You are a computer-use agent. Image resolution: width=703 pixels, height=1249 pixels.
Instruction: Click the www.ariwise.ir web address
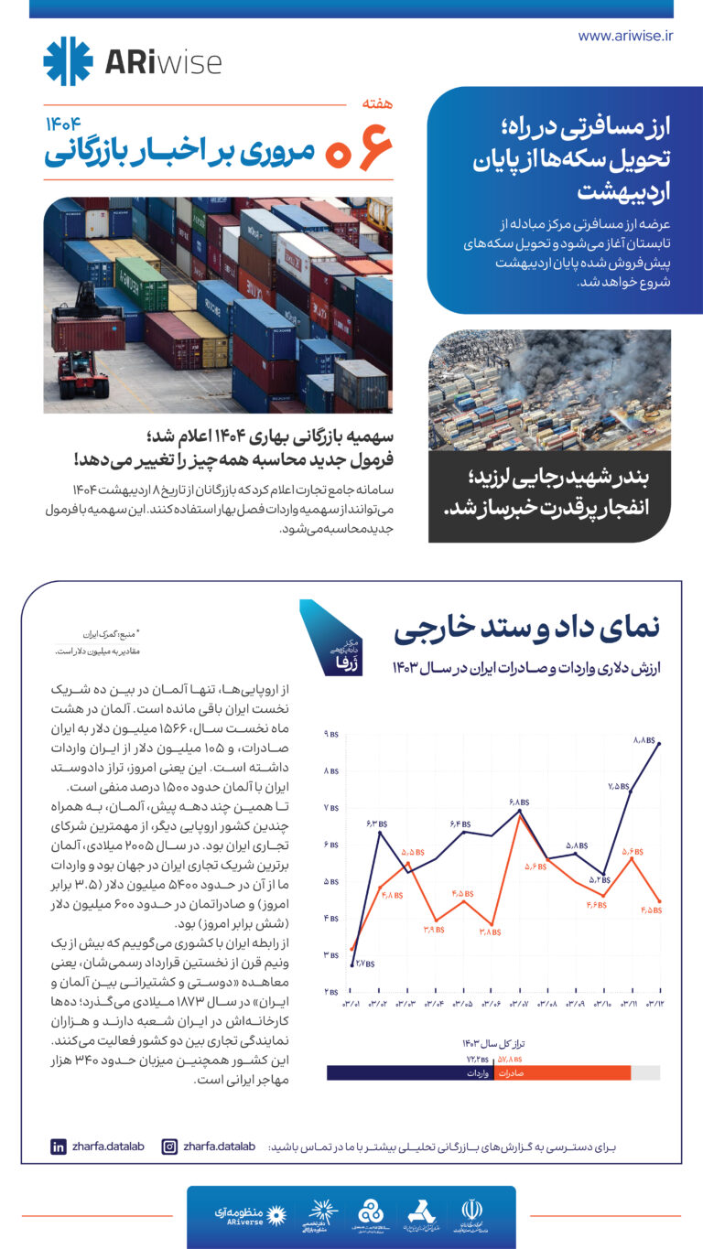pos(625,36)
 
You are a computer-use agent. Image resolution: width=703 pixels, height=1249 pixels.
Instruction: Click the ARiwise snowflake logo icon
pos(68,61)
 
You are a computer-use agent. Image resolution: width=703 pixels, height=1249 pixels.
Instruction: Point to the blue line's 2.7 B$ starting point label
pos(363,963)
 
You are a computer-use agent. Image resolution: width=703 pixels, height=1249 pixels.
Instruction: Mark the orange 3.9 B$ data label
pos(433,928)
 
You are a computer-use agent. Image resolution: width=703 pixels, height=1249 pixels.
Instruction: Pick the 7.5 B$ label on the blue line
pos(618,785)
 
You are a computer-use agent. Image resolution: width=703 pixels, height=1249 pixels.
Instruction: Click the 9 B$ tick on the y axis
pos(330,735)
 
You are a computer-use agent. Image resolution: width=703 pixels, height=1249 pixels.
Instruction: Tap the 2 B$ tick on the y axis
pos(330,992)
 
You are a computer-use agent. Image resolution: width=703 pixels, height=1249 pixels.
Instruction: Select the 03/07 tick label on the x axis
pos(519,1005)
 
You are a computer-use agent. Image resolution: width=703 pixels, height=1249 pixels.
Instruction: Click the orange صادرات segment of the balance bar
pos(562,1073)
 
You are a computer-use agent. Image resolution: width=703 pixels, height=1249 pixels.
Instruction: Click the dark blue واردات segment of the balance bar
pos(410,1073)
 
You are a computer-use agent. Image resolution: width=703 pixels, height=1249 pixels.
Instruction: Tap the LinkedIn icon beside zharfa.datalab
pos(59,1146)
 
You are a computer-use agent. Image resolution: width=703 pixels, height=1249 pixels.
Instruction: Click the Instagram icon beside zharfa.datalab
pos(169,1146)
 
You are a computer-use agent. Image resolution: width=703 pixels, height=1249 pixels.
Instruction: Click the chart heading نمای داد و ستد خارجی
pos(525,630)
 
